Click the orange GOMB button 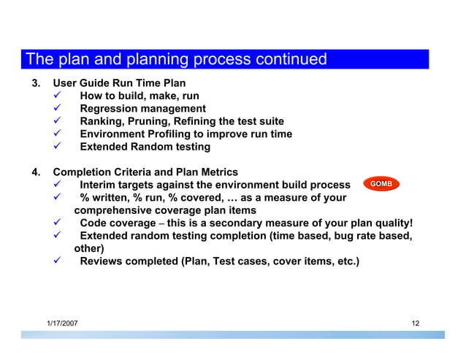pos(382,183)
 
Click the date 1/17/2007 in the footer pos(63,323)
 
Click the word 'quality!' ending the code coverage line pos(391,223)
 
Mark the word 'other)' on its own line pos(90,248)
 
